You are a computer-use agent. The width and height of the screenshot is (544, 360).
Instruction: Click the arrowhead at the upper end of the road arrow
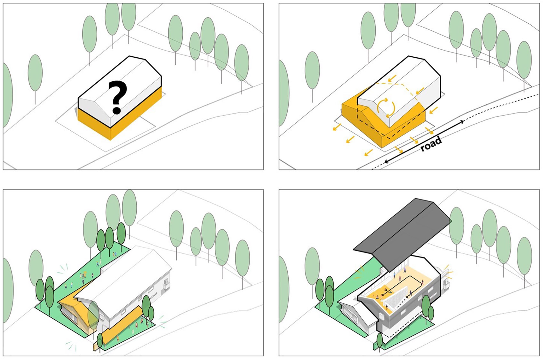click(462, 121)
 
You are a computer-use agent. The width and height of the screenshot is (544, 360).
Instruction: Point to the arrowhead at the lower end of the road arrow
click(387, 161)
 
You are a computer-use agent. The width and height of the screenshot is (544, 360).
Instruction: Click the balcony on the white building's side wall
click(167, 284)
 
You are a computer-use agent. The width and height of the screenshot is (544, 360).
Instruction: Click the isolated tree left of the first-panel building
click(35, 75)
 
